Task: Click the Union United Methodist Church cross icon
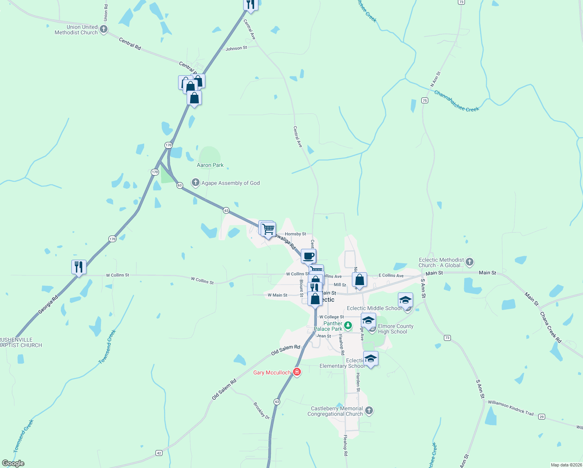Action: (104, 29)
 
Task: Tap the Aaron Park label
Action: (210, 165)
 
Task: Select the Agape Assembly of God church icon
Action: (196, 183)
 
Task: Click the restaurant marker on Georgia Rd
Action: (79, 267)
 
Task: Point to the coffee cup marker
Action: (308, 256)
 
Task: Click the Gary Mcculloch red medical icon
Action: (297, 372)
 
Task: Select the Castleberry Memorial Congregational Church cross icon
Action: (369, 411)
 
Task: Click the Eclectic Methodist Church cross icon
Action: (470, 262)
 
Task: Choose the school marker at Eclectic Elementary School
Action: (371, 358)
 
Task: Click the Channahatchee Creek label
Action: (456, 101)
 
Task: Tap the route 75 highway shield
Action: (425, 100)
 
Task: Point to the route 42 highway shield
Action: (159, 453)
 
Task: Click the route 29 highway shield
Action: (541, 417)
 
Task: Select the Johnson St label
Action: (236, 48)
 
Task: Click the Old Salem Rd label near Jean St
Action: (286, 350)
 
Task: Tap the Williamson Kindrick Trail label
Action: (511, 408)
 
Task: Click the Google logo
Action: (13, 463)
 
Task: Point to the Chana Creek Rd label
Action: (550, 327)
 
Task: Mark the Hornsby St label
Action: (295, 234)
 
